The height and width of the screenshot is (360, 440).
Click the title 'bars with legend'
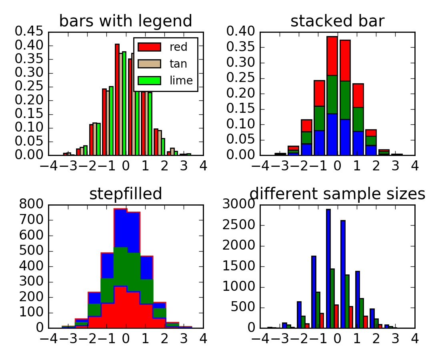126,21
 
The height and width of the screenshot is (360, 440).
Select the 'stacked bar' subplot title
337,21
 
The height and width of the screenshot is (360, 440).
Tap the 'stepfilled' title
126,194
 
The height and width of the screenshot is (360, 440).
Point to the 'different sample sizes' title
337,194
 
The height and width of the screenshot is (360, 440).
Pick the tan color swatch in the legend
149,64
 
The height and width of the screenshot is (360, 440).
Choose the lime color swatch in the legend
149,80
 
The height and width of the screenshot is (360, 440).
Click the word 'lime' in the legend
181,80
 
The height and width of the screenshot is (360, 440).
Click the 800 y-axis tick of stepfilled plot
33,205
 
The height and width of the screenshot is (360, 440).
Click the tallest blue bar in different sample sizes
328,268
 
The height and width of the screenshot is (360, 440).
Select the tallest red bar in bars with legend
117,100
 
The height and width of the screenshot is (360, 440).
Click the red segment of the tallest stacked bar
332,56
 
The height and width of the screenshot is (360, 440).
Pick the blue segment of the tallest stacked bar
332,134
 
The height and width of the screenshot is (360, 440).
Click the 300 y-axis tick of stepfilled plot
33,282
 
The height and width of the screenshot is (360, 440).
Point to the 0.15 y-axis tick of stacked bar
242,109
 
